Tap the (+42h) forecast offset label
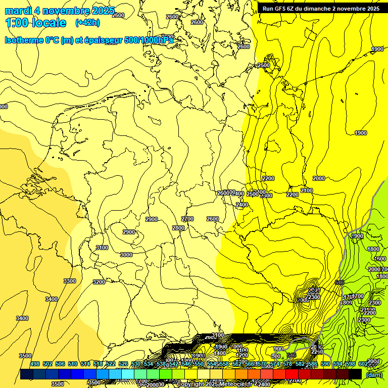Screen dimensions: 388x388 point(87,23)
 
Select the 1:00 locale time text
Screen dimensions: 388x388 point(35,23)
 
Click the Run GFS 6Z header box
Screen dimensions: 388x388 point(321,9)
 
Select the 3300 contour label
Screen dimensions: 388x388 point(70,281)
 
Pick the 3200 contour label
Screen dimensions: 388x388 point(99,282)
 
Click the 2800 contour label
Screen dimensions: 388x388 point(178,228)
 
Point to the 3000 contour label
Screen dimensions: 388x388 point(126,255)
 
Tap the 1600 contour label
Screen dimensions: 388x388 point(380,259)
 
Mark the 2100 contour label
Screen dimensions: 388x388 point(307,190)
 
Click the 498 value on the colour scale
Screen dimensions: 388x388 point(35,364)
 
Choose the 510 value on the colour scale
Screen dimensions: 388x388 point(73,364)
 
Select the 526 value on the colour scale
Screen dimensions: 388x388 point(123,364)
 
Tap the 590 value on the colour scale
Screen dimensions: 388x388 point(325,364)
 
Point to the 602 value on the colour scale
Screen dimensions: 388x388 point(363,364)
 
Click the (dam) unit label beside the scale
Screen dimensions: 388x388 point(374,374)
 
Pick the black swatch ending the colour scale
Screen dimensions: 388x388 point(355,374)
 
